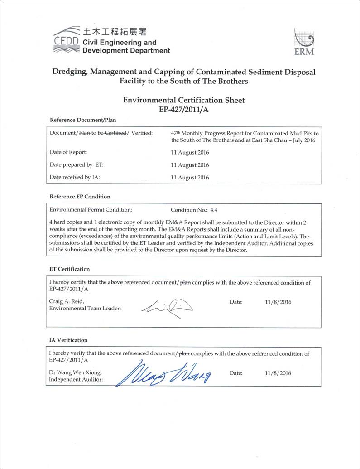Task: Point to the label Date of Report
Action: point(68,152)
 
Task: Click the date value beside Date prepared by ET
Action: point(190,165)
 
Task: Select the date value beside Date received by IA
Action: point(190,178)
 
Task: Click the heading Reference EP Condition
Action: point(80,197)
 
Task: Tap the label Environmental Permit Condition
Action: point(91,210)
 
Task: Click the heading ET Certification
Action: point(69,269)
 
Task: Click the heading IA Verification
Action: point(68,340)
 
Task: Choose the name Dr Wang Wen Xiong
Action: point(75,373)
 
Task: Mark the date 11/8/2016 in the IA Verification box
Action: point(278,373)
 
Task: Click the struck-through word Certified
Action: point(115,133)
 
